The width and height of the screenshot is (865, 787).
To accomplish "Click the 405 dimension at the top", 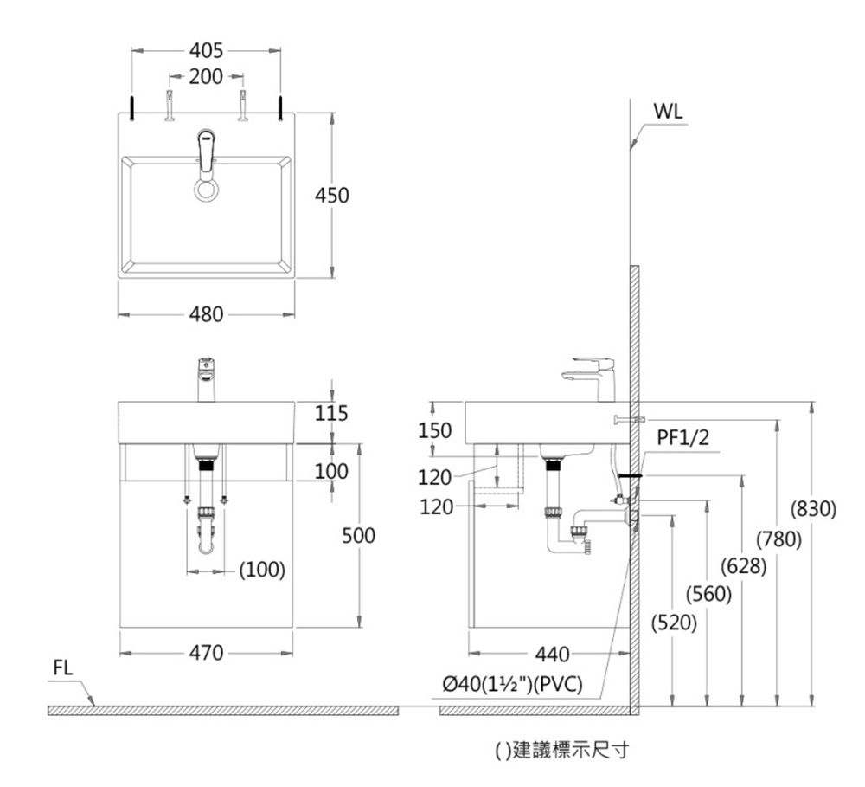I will (x=206, y=50).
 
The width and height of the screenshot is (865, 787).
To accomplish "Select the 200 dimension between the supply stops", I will (x=206, y=77).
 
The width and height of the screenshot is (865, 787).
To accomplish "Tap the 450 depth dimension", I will (x=332, y=196).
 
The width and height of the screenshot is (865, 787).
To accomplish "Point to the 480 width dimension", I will (x=206, y=313).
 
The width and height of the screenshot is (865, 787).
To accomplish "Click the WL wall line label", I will (x=668, y=113).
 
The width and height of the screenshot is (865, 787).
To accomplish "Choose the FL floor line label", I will (x=63, y=668).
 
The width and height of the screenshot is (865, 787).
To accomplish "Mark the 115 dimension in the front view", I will (x=331, y=415).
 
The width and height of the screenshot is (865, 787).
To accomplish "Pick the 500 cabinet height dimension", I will (x=359, y=537).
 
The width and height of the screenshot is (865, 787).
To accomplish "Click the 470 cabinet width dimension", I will (x=207, y=652).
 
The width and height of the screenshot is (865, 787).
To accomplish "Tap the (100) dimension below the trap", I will (x=262, y=570).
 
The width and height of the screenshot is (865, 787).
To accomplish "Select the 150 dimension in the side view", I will (x=434, y=430).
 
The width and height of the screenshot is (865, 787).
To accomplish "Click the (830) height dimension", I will (x=811, y=509).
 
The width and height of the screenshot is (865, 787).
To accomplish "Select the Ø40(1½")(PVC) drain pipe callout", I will (x=511, y=685).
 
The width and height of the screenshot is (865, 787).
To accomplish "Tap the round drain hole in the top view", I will (x=207, y=191).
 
